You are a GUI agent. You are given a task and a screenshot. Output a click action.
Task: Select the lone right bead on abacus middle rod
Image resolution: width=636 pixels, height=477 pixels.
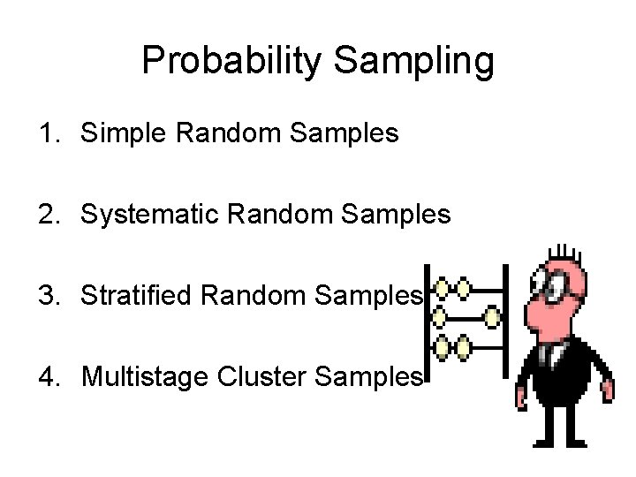(492, 315)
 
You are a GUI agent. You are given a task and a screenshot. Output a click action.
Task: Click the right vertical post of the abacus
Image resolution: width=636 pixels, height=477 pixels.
(506, 318)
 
